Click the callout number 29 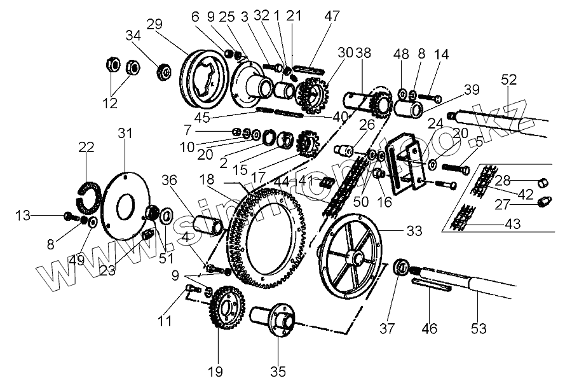point(154,24)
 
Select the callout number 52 point(509,80)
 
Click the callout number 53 point(479,328)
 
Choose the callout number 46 point(430,328)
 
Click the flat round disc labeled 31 point(126,203)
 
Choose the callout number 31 point(125,134)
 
